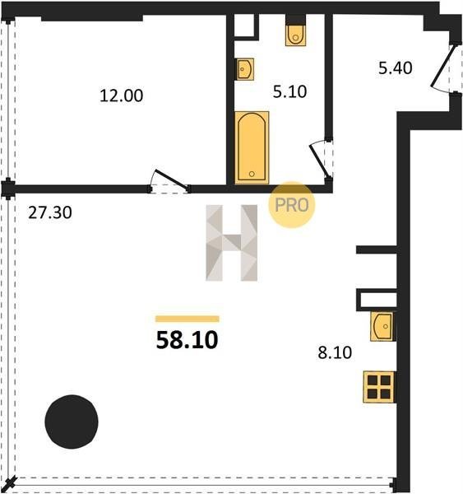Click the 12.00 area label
(121, 96)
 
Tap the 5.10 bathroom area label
(289, 91)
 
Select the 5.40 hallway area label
(395, 68)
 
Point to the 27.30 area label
(50, 212)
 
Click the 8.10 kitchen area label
(335, 352)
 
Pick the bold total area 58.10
(187, 340)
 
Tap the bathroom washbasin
(245, 69)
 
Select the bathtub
(252, 147)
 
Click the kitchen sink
(382, 326)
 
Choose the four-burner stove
(379, 387)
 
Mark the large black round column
(72, 422)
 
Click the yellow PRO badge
(292, 205)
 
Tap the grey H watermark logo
(232, 243)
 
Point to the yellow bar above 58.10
(188, 319)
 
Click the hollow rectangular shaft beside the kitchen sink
(377, 300)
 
